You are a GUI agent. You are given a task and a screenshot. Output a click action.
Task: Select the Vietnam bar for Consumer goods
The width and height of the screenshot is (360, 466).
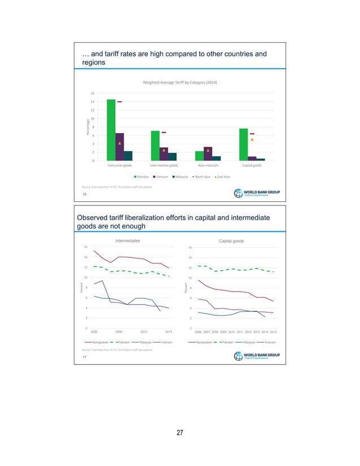(x=120, y=147)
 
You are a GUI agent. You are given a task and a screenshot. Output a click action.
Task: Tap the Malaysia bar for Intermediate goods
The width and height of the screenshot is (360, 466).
(x=172, y=157)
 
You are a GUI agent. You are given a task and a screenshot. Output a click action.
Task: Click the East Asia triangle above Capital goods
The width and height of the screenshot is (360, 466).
(x=252, y=139)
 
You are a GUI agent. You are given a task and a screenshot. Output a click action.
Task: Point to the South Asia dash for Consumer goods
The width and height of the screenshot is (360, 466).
(x=120, y=102)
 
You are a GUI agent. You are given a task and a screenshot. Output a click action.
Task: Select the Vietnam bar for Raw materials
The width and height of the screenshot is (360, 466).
(x=208, y=153)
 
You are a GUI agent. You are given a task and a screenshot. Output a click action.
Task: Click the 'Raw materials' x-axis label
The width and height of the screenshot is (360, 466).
(x=208, y=166)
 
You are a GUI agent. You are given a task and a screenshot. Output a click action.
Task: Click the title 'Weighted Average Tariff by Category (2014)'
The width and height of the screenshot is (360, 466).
(x=180, y=82)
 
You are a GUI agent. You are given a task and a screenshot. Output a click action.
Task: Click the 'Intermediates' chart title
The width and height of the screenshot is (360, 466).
(x=127, y=241)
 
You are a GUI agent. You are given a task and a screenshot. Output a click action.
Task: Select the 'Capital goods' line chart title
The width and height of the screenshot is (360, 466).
(x=231, y=241)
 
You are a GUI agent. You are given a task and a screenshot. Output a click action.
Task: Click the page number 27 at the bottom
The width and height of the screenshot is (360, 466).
(x=180, y=433)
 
